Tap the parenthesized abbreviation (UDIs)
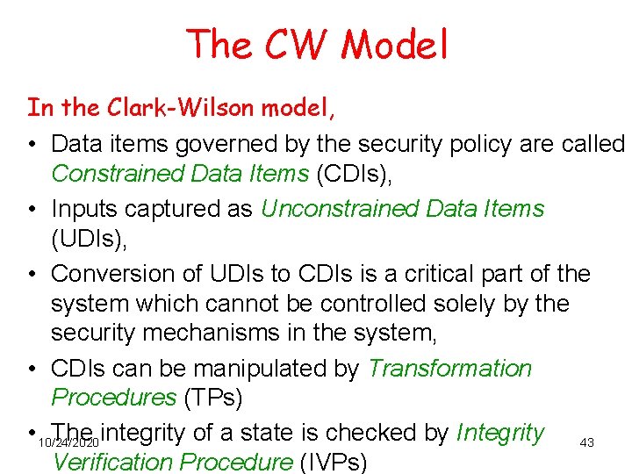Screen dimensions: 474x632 coord(89,240)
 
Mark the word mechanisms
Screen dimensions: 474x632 coord(232,334)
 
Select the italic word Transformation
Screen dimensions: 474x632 coord(449,368)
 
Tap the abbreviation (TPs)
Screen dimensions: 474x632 coord(212,398)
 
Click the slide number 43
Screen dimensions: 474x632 coord(587,443)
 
